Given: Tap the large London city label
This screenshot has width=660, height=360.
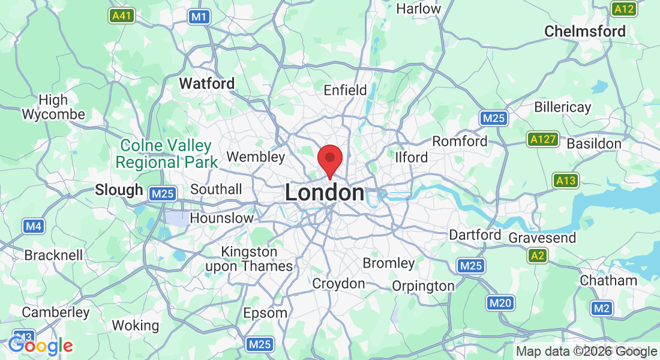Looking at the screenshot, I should (x=324, y=193).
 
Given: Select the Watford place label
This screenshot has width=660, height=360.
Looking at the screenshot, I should (x=207, y=83).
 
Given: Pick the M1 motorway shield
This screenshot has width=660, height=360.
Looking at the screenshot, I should (x=199, y=17).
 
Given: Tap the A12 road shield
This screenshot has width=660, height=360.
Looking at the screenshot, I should (x=624, y=9).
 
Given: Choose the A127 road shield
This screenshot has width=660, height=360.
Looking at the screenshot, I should (x=544, y=140).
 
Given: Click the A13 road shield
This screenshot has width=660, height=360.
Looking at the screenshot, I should (x=566, y=181).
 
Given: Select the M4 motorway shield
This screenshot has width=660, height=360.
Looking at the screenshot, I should (x=34, y=226).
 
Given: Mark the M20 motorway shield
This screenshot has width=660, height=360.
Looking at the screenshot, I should (x=500, y=303).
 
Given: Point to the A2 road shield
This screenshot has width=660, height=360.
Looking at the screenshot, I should (x=538, y=256).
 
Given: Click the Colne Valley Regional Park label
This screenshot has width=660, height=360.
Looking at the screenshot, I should (x=166, y=154).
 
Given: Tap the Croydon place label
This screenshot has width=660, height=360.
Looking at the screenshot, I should (x=338, y=283).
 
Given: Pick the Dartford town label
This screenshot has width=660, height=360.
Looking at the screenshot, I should (x=475, y=235).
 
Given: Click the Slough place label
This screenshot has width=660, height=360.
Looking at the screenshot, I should (x=119, y=190).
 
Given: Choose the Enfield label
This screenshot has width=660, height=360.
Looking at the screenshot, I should (x=345, y=90).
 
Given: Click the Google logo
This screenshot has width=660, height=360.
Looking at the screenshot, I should (x=40, y=346).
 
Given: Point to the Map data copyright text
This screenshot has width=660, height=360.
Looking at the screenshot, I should (x=586, y=352).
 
